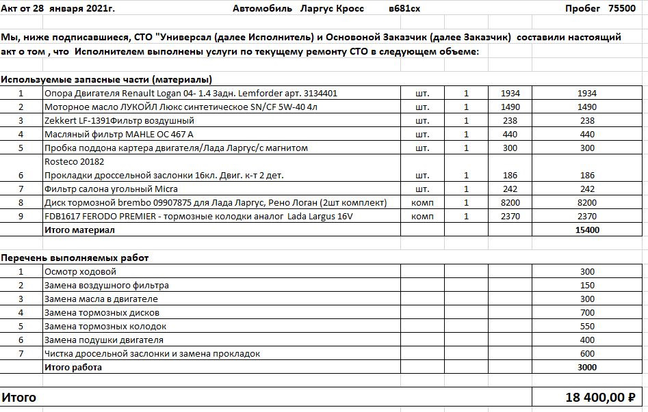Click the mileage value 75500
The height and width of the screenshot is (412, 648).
[x=622, y=8]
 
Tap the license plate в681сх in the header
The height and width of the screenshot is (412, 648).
[x=404, y=8]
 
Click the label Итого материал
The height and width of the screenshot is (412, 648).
[x=79, y=230]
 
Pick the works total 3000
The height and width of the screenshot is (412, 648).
[x=587, y=368]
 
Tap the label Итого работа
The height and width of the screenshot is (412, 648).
[x=73, y=368]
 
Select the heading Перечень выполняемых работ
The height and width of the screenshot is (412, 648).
[x=75, y=258]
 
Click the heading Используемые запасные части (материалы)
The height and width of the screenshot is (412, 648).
[x=106, y=79]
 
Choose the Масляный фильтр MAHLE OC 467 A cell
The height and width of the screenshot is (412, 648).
[x=119, y=134]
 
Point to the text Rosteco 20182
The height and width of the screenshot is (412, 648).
[x=74, y=162]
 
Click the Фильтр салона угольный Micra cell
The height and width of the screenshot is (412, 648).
[x=105, y=189]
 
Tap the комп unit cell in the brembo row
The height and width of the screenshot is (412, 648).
[x=422, y=203]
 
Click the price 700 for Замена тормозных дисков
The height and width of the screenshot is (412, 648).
[x=587, y=312]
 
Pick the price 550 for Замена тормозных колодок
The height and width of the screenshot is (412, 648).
[x=587, y=326]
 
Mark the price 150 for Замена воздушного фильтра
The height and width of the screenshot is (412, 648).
[x=587, y=285]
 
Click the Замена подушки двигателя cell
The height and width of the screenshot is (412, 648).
[x=104, y=340]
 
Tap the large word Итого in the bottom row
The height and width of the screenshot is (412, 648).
[x=19, y=397]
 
